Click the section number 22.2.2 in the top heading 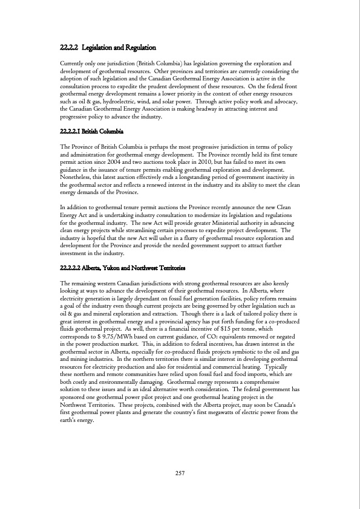tap(72, 47)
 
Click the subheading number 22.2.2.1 tap(74, 131)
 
